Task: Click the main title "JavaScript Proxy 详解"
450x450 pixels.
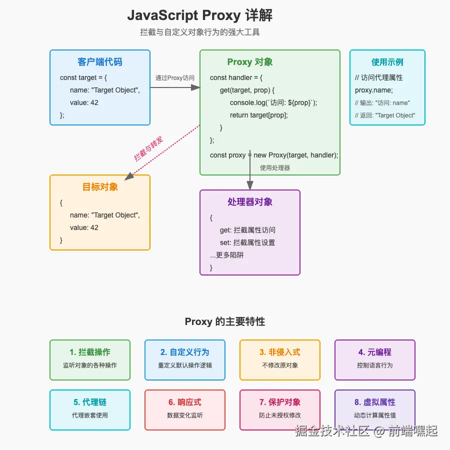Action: (200, 15)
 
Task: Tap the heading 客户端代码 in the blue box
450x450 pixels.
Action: (100, 62)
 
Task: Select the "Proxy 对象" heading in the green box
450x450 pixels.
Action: (250, 62)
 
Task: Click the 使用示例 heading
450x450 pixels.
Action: (387, 62)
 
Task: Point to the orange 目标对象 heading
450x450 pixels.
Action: (100, 187)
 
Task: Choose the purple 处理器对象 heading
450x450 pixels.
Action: (250, 202)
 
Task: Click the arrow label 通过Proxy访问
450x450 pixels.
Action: (175, 77)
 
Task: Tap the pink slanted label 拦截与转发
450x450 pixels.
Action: (148, 148)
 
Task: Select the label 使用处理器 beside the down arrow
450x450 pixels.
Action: (275, 168)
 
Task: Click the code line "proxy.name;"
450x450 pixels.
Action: (374, 90)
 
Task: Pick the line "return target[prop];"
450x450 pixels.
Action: (259, 115)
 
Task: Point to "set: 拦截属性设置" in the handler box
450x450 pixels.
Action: (247, 242)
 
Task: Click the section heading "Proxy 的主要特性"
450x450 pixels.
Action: (225, 321)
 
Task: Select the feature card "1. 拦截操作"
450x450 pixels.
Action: (90, 359)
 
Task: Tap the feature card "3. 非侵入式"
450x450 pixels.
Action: (280, 359)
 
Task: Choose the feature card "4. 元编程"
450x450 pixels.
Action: (375, 359)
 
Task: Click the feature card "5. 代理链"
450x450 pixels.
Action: (90, 409)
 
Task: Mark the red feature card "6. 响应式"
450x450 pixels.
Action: (185, 409)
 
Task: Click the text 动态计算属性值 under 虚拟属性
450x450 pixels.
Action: (375, 415)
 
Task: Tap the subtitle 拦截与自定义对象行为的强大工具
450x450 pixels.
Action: (200, 32)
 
